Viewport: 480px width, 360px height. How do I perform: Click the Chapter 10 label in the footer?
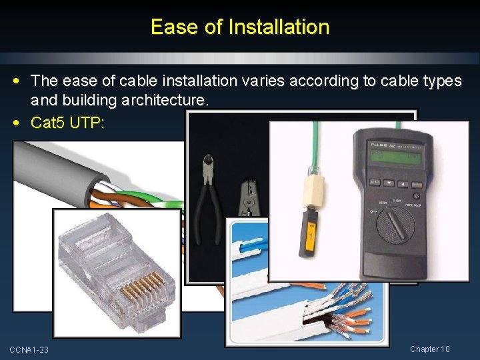pyautogui.click(x=430, y=349)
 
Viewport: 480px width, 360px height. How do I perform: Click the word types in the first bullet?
pyautogui.click(x=442, y=81)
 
